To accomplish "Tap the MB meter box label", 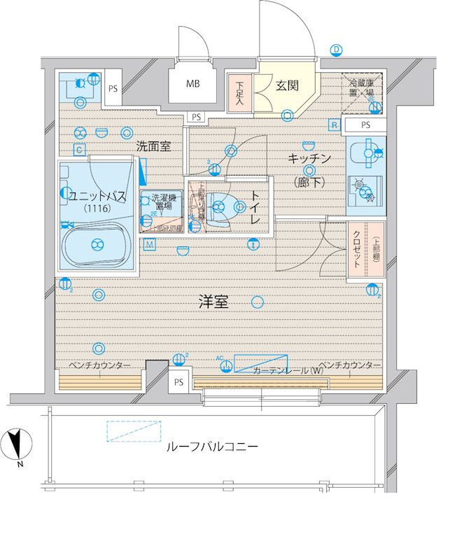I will click(192, 85).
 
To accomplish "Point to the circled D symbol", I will click(337, 50).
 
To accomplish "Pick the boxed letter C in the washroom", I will click(80, 149).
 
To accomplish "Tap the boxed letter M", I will click(150, 244).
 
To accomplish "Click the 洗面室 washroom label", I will click(154, 146).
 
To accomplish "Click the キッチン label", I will click(309, 158).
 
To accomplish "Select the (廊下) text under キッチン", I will click(308, 183).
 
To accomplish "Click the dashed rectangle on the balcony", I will click(134, 431).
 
